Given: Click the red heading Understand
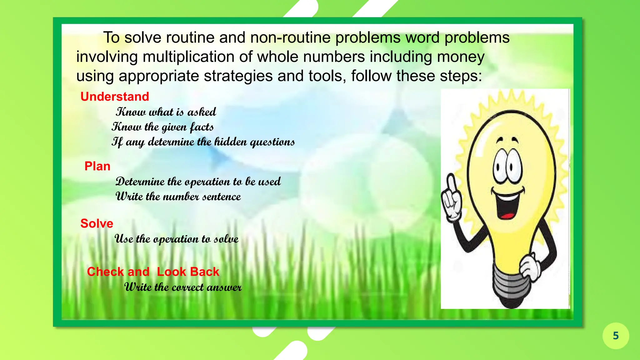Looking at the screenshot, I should tap(115, 97).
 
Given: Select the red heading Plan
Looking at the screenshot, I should tap(97, 166).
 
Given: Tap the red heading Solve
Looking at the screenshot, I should tap(97, 223).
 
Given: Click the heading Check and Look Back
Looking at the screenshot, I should tap(153, 272).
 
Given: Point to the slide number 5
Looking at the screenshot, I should tap(616, 336).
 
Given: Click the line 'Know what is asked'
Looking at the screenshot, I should tap(166, 112).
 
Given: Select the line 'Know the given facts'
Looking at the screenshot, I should tap(163, 127).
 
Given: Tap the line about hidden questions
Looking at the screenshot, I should tap(203, 142).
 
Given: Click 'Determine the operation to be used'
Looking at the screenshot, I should tap(198, 182).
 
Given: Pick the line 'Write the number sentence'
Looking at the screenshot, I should tap(178, 197).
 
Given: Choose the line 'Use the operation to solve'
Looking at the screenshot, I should tap(176, 239).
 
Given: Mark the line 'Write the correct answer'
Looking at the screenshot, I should tap(183, 287).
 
